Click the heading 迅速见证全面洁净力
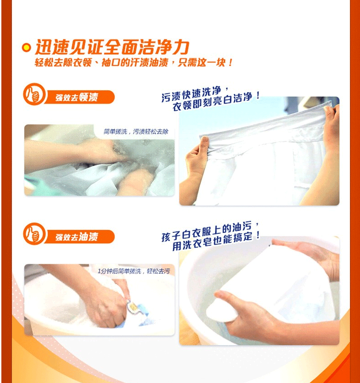coord(112,47)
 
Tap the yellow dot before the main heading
coord(26,48)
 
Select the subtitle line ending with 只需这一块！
coord(133,63)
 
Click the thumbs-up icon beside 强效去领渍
coord(34,94)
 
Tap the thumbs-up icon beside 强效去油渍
coord(34,234)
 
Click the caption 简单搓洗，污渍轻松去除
coord(136,132)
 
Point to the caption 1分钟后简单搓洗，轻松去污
coord(133,271)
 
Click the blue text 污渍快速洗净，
coord(196,94)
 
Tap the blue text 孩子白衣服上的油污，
coord(210,232)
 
